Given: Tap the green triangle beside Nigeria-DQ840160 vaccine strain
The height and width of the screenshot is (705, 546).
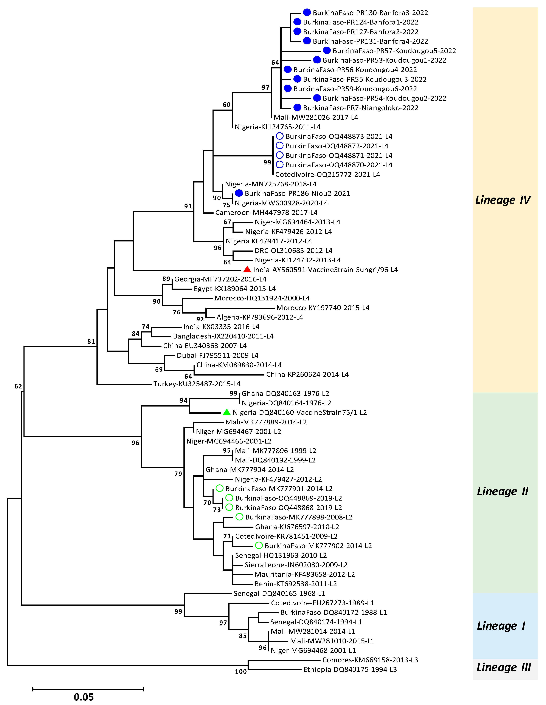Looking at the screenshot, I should point(227,412).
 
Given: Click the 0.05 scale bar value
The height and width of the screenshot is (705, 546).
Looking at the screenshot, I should point(84,697).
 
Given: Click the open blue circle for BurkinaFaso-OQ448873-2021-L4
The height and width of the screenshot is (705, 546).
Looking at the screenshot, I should point(280,136).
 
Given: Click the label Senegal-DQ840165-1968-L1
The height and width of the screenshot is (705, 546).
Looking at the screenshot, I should point(279,593).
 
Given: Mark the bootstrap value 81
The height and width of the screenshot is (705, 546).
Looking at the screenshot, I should point(91,341).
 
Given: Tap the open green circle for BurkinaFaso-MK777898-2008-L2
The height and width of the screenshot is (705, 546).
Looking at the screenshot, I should point(239,517).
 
